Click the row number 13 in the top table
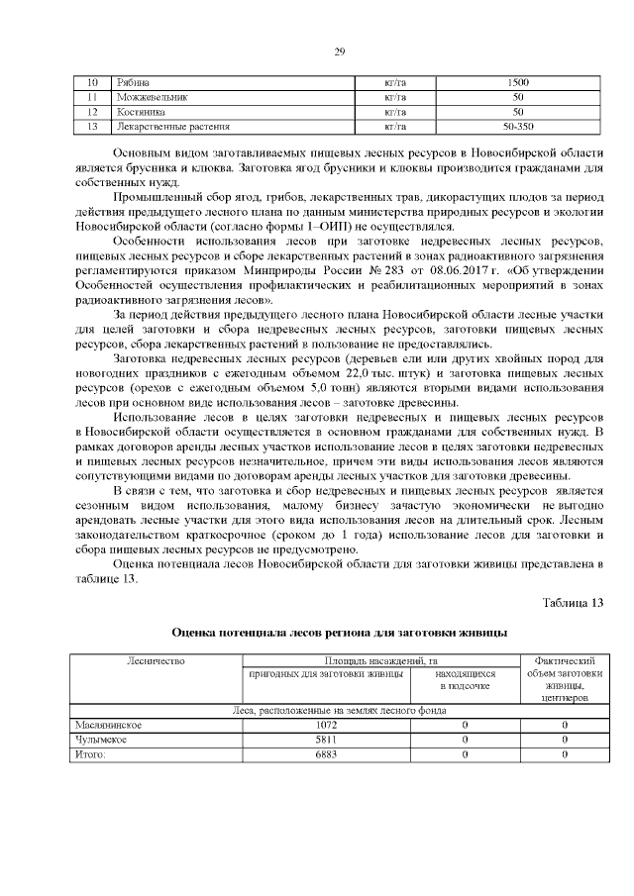[92, 127]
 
